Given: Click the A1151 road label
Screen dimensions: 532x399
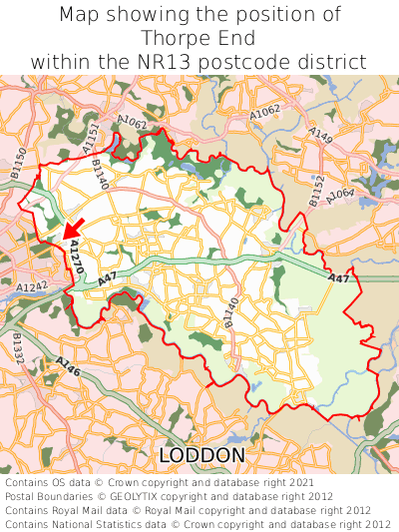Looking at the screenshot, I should coord(92,138).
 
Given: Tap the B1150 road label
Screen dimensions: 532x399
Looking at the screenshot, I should coord(19,163).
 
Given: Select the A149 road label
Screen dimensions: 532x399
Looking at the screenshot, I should coord(320,135).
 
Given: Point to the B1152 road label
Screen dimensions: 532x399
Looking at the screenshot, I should coord(316,191).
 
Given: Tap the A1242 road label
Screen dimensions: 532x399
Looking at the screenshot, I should coord(31,286).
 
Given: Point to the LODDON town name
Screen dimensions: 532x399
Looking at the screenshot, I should coord(201,455).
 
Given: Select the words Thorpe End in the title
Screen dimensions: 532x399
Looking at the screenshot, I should coord(199,39).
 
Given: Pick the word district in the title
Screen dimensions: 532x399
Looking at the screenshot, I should coord(334,62).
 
